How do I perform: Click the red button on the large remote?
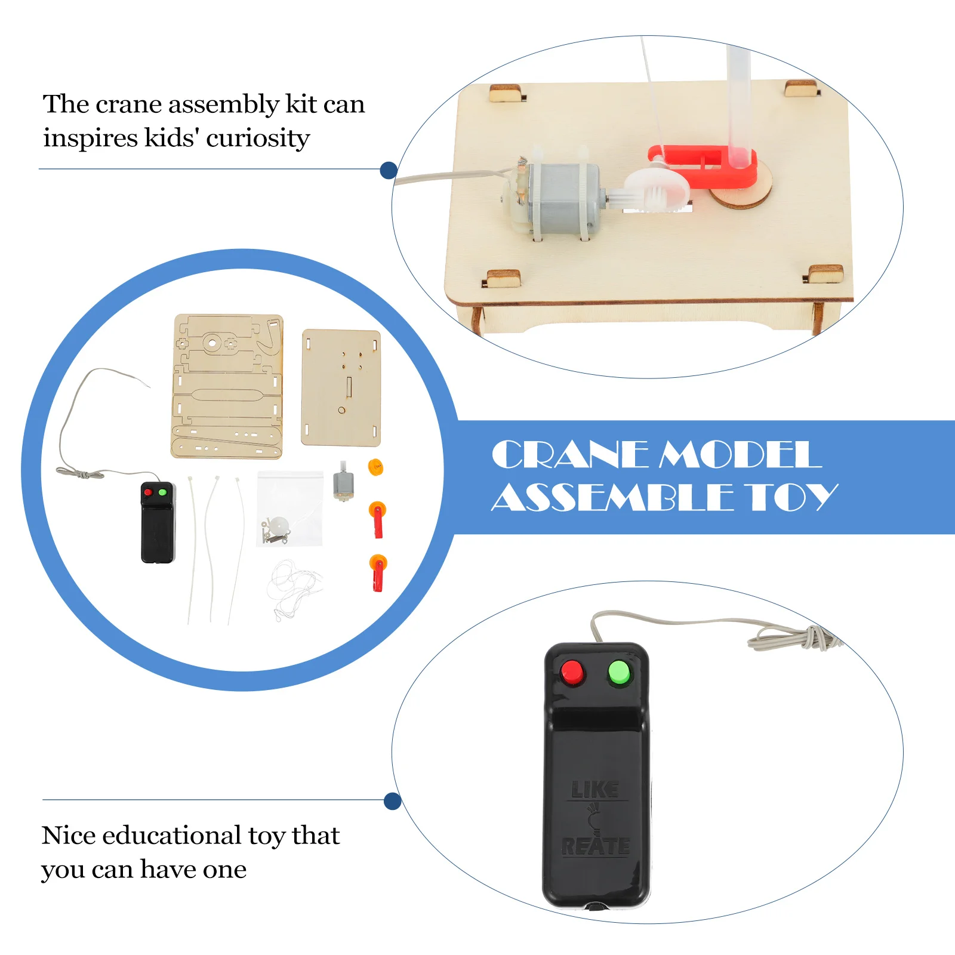coord(572,673)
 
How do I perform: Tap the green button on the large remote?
coord(619,673)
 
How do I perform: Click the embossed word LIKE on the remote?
coord(594,789)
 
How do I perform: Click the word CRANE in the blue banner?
coord(569,455)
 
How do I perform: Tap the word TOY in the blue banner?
coord(793,497)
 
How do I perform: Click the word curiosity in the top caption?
coord(258,138)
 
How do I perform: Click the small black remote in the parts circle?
coord(158,522)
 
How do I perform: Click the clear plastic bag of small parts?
coord(290,509)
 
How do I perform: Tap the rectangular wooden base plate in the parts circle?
coord(341,388)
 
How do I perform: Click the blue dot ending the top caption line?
coord(389,170)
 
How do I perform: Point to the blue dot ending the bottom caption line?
coord(392,801)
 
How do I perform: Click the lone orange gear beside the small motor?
coord(375,467)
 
